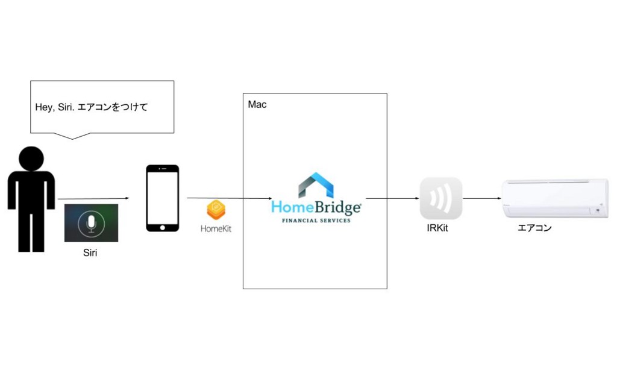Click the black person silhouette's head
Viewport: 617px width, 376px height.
click(x=31, y=158)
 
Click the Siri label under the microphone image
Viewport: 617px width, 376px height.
click(x=90, y=253)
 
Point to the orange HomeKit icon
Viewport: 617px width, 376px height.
click(x=216, y=210)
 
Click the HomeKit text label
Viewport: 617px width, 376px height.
click(x=216, y=229)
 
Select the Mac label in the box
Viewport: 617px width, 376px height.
click(x=257, y=105)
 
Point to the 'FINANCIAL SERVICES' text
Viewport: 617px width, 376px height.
click(x=316, y=221)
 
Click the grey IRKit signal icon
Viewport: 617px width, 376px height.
click(x=441, y=198)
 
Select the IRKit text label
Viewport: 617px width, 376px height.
click(x=440, y=228)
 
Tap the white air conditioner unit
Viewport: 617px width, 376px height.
click(x=555, y=198)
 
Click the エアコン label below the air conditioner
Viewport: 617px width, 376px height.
click(x=535, y=228)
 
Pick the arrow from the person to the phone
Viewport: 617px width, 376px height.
click(x=94, y=198)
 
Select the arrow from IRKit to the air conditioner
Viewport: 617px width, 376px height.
click(x=482, y=198)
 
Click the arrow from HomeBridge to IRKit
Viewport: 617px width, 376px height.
click(x=392, y=198)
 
